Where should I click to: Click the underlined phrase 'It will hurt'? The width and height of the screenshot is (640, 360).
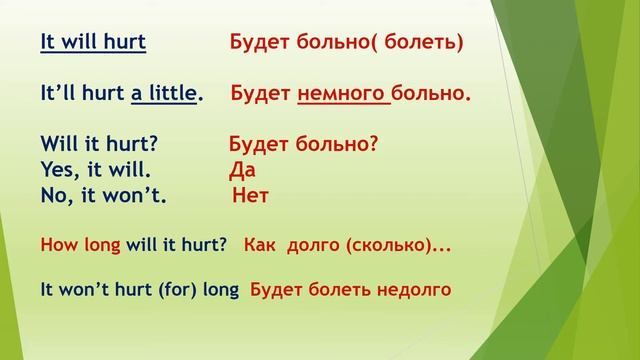[93, 43]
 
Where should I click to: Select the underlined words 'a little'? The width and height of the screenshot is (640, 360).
[165, 94]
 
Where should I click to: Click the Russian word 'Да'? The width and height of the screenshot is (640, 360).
[243, 169]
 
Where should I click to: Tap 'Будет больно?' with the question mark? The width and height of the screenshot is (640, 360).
[304, 144]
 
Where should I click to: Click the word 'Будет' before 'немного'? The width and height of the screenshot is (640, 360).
[261, 94]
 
